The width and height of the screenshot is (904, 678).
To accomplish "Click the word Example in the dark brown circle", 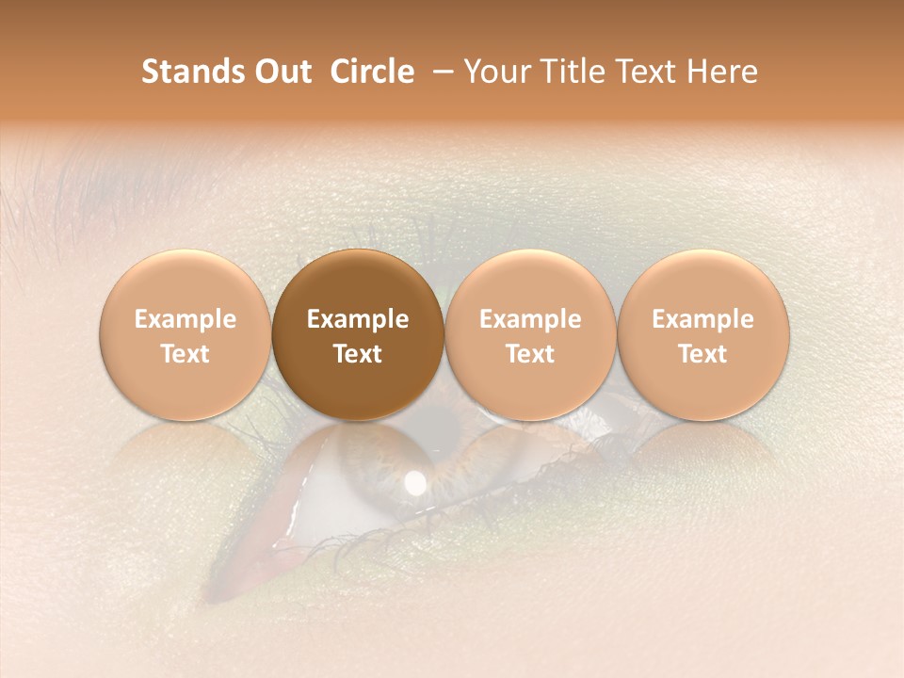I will [x=358, y=319].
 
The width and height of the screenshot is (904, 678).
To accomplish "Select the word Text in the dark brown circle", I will [x=358, y=354].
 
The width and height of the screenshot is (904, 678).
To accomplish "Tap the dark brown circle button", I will [x=358, y=386].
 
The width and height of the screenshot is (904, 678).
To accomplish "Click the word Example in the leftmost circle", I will [x=186, y=319].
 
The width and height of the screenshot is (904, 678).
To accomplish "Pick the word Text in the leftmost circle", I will [x=186, y=354].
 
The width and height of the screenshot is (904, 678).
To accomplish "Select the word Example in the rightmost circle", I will [x=702, y=319].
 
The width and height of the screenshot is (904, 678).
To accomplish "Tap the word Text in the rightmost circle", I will [x=702, y=354].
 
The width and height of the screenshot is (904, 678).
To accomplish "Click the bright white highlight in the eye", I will [x=414, y=483].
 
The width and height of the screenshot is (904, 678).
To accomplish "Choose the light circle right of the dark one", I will [x=530, y=386].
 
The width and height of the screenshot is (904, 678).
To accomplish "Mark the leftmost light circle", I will [x=186, y=386].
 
